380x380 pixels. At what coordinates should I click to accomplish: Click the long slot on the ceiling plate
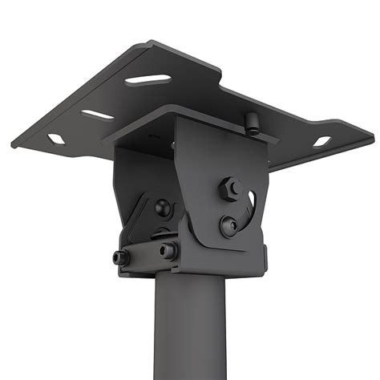click(148, 79)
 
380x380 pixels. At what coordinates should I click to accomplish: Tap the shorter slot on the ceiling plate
click(98, 115)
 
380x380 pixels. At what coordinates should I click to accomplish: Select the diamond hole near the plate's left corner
click(56, 139)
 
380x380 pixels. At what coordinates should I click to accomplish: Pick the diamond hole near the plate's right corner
click(321, 142)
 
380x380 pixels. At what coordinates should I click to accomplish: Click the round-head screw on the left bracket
click(163, 208)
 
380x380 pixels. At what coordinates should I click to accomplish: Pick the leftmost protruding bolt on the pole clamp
click(121, 258)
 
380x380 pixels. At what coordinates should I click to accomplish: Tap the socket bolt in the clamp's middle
click(168, 251)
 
